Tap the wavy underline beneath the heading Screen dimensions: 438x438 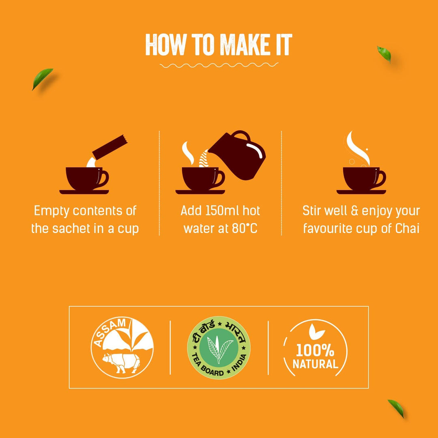219,64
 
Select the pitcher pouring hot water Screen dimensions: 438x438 239,157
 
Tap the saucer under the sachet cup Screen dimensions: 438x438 84,192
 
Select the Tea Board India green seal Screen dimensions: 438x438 219,348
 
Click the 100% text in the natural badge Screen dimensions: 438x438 315,350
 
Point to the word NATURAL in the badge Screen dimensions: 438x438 315,364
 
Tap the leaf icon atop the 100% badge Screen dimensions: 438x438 316,332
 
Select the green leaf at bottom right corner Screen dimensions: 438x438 396,408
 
